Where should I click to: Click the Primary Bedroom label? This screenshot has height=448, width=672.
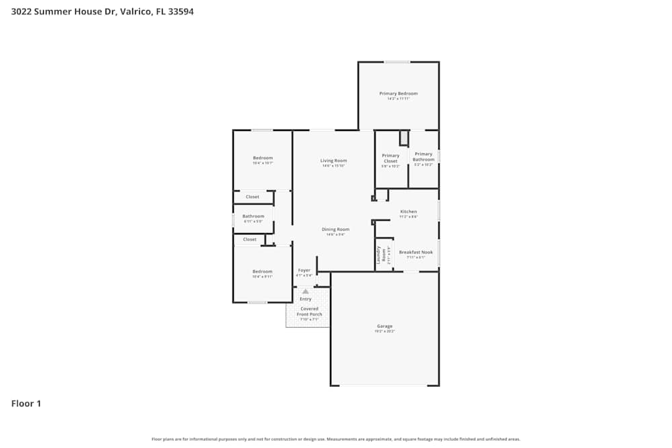398,93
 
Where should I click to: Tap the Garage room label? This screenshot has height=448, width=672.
384,326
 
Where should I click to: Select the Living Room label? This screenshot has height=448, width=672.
333,161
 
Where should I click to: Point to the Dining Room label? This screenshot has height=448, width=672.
335,230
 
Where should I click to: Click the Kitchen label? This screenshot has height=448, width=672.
409,212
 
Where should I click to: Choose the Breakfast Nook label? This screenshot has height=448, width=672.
416,252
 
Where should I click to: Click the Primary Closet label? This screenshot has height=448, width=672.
390,158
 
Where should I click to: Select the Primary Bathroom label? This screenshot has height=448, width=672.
423,156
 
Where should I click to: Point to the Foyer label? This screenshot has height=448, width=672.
304,270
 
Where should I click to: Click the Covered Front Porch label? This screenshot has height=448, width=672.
309,312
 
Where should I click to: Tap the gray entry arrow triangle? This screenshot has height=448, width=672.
305,292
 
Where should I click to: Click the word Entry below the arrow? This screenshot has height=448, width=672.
305,299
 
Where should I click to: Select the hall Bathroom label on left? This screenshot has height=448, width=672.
253,216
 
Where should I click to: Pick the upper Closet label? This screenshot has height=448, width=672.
252,197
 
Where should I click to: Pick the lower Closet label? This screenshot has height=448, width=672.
249,239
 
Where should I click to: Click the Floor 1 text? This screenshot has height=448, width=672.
26,404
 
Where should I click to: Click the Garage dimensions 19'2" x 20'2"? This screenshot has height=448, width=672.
384,332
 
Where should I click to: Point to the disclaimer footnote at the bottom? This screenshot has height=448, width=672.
335,439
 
